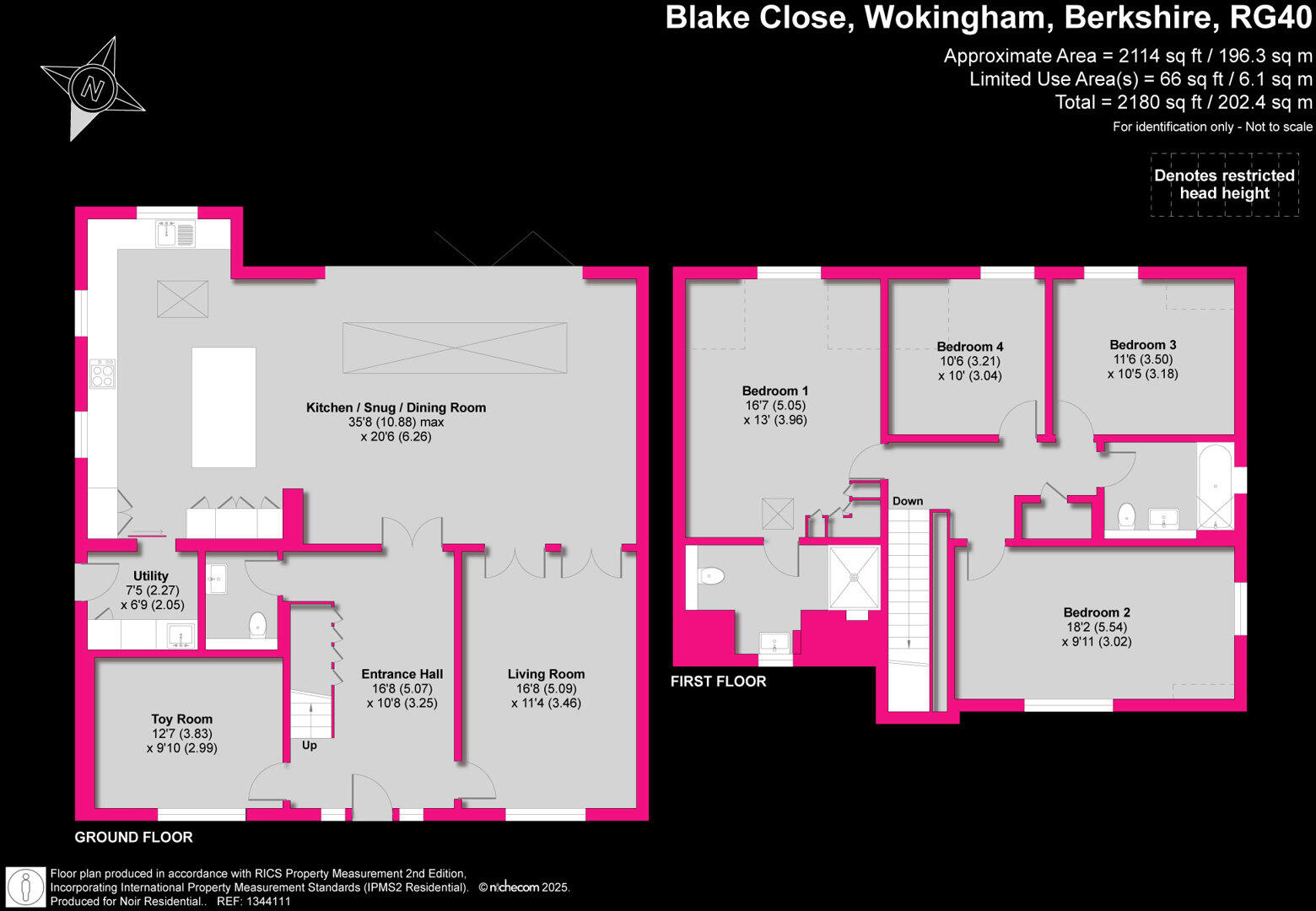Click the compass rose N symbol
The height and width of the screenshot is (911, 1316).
(x=93, y=88)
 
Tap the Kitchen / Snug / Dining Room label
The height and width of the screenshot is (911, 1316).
(x=396, y=408)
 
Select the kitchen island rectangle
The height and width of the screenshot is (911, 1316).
(x=224, y=407)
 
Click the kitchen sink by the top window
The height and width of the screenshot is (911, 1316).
(x=175, y=234)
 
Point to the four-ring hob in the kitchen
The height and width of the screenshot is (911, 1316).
(x=103, y=374)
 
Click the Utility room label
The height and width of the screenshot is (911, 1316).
(x=151, y=576)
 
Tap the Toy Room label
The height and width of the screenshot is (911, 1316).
(x=181, y=720)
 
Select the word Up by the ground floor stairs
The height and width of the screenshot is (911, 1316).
(x=310, y=746)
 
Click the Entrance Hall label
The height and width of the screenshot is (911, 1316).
(x=402, y=674)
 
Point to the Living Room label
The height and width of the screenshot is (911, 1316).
(x=546, y=674)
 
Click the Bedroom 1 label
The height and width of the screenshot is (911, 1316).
(x=775, y=391)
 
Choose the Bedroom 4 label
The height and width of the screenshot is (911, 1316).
(x=970, y=347)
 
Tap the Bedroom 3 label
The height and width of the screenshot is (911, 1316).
(x=1142, y=344)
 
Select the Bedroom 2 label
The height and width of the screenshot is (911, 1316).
(x=1097, y=612)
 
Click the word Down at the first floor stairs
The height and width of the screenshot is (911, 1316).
(x=908, y=501)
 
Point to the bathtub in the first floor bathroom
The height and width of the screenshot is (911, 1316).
(x=1215, y=486)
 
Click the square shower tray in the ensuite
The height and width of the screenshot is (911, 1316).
(x=855, y=578)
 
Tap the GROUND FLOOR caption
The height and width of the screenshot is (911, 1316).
(x=133, y=837)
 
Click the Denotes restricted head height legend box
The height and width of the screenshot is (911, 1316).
(x=1224, y=185)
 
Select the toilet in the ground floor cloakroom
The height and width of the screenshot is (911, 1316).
(x=257, y=625)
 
